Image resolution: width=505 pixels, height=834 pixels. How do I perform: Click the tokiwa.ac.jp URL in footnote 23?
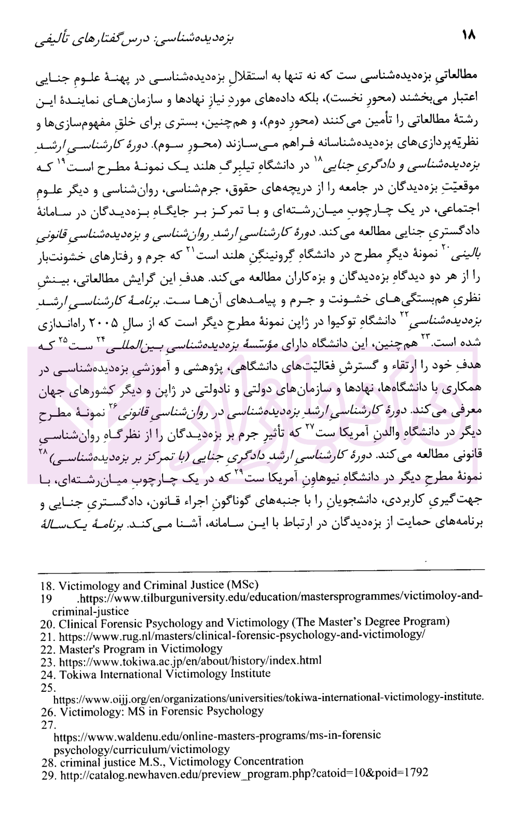pos(190,661)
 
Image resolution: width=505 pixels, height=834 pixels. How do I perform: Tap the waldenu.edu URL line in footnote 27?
pos(217,735)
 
